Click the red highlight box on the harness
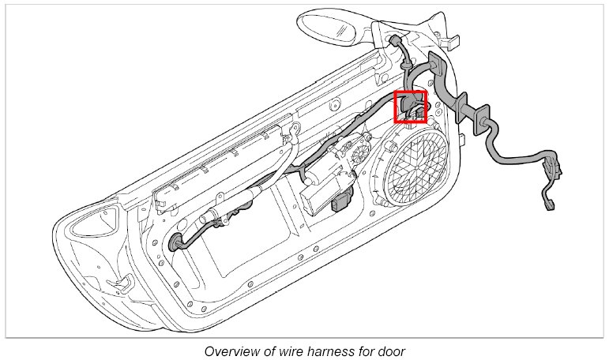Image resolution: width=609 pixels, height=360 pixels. pos(410,107)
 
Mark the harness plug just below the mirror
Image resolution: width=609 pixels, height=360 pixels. pos(394,42)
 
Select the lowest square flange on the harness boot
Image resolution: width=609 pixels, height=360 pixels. pos(479,124)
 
